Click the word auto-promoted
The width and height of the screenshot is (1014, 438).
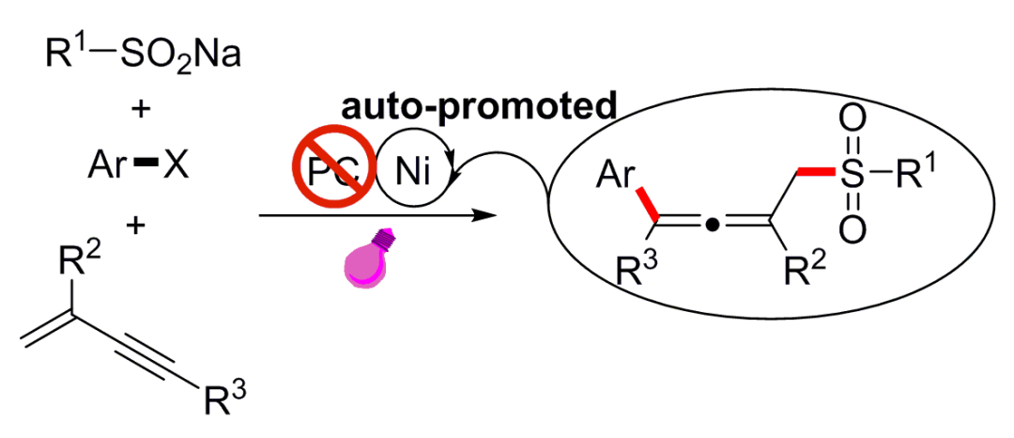pos(479,106)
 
